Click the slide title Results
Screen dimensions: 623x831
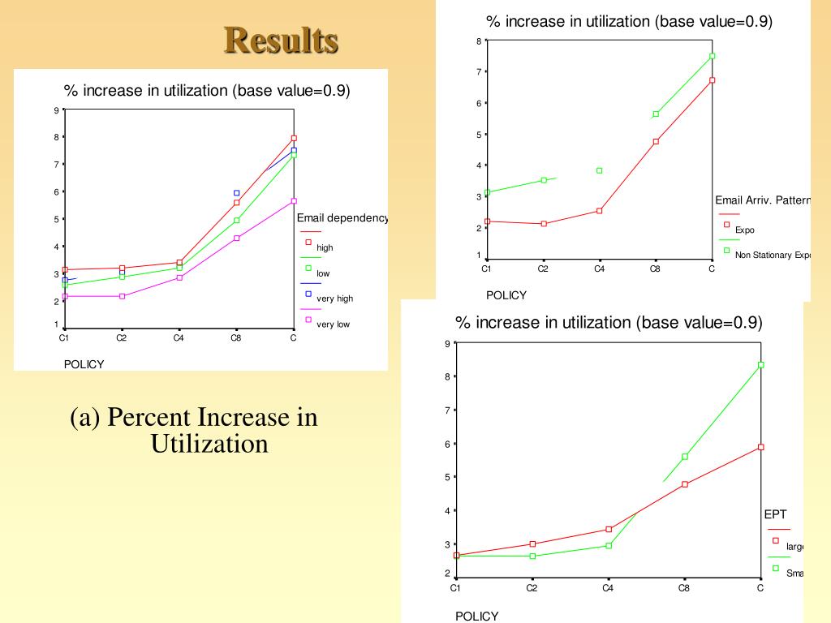coord(281,40)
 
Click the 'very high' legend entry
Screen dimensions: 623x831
coord(334,299)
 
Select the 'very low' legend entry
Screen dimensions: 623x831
coord(333,324)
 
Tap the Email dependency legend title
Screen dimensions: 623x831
coord(342,218)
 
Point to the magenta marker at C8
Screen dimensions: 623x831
coord(237,238)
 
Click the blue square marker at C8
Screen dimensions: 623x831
coord(237,193)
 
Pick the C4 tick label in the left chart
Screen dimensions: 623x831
coord(179,338)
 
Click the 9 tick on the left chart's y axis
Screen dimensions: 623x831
coord(56,110)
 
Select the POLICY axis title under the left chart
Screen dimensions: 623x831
coord(84,364)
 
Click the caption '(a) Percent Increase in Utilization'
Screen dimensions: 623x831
coord(195,431)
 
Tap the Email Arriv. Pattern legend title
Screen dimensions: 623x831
coord(763,200)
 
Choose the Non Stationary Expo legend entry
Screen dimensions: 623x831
coord(773,256)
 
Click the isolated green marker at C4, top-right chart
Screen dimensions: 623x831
coord(599,170)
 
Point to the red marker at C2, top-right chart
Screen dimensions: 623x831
coord(544,223)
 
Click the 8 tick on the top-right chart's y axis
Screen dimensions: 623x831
coord(479,41)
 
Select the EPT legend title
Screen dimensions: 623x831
coord(775,514)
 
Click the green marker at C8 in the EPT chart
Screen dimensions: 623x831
coord(685,457)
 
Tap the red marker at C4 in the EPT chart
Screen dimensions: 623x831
coord(609,529)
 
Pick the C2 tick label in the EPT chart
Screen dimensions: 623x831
coord(532,588)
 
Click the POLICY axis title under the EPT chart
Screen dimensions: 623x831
coord(477,617)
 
